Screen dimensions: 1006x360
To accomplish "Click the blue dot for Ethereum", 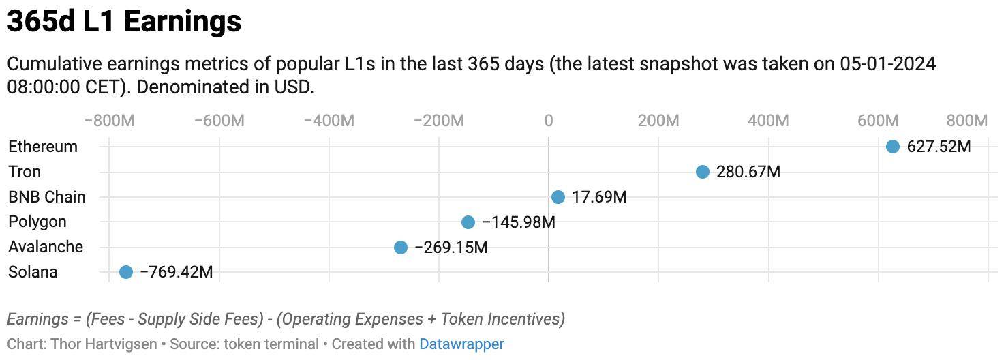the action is [x=892, y=147].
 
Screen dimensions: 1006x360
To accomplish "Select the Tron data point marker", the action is [x=703, y=172].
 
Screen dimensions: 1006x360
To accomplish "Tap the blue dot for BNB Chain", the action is [x=558, y=197].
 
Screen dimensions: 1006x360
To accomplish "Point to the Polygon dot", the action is [x=468, y=222].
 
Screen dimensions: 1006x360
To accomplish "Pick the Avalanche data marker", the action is [x=401, y=247].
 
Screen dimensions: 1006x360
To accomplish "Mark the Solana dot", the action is [x=126, y=272].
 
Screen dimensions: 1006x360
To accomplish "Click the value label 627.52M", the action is [x=939, y=147].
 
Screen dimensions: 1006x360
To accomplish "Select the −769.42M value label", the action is [x=177, y=272].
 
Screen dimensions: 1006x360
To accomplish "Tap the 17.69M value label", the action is [x=599, y=197].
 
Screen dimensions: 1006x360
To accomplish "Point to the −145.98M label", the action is [x=519, y=222].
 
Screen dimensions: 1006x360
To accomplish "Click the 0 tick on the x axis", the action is [x=549, y=121].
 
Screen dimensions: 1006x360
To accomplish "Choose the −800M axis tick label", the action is [x=110, y=121].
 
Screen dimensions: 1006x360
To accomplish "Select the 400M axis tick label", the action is [x=768, y=121].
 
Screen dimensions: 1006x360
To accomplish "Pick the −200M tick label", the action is [x=439, y=121].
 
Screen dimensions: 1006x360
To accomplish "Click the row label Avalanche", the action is [x=46, y=247].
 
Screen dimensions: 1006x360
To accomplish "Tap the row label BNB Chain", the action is [x=47, y=197].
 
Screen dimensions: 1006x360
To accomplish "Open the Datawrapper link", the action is [x=461, y=344].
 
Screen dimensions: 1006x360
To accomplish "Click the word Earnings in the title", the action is [x=183, y=21].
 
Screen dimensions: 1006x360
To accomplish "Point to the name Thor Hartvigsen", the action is [x=104, y=344].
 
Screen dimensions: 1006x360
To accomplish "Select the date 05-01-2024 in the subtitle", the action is [x=888, y=64].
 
